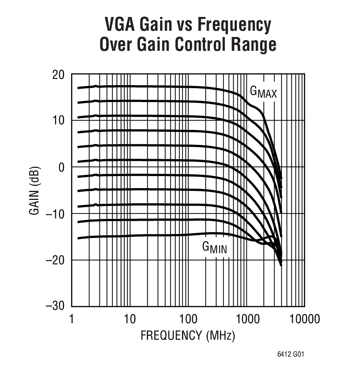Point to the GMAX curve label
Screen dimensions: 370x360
pos(263,92)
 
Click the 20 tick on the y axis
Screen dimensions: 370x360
pos(58,74)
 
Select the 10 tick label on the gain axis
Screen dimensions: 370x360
pos(58,121)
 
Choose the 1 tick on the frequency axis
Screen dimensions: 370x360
pos(72,319)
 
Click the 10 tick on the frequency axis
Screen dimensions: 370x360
pos(129,319)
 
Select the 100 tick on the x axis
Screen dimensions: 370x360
pos(188,319)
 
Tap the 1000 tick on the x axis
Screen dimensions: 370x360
pos(246,319)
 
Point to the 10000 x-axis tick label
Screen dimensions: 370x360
pos(304,319)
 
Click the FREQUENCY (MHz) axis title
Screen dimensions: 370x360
pos(187,335)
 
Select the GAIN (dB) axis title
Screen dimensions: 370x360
pos(35,190)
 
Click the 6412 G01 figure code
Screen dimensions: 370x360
pos(292,355)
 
